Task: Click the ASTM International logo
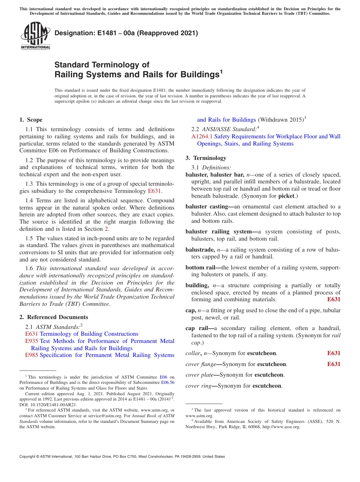pos(35,36)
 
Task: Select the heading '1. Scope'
pos(31,120)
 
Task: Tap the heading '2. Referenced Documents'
pos(54,317)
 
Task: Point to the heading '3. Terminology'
pos(206,158)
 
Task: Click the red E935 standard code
pos(31,341)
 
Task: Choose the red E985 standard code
pos(31,355)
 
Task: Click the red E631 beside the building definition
pos(333,299)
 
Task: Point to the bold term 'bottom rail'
pos(200,268)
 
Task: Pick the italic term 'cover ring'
pos(198,386)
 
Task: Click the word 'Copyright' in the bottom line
pos(28,457)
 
